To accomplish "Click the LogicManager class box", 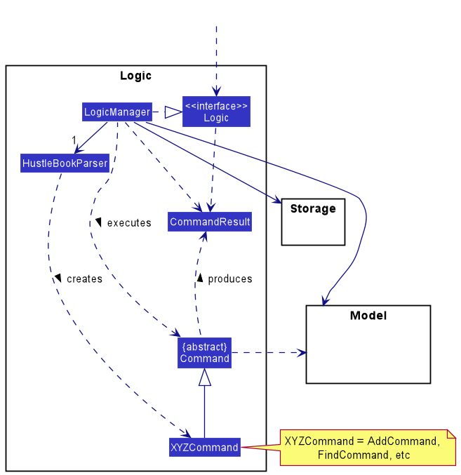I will click(116, 112).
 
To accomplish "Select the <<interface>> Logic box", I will click(216, 112).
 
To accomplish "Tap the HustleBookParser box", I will click(65, 163).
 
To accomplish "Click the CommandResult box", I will click(210, 222).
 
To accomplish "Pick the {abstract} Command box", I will click(204, 352).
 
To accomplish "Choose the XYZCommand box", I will click(204, 447).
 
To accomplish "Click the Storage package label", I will click(313, 208).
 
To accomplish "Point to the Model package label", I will click(368, 316).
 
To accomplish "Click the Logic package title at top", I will click(135, 76).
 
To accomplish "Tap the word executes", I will click(128, 223).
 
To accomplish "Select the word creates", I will click(84, 279).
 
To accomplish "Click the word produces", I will click(229, 279).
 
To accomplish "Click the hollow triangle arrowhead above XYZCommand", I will click(204, 378).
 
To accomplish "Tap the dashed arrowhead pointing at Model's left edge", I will click(301, 352).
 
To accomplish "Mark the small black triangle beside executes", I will click(99, 222).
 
